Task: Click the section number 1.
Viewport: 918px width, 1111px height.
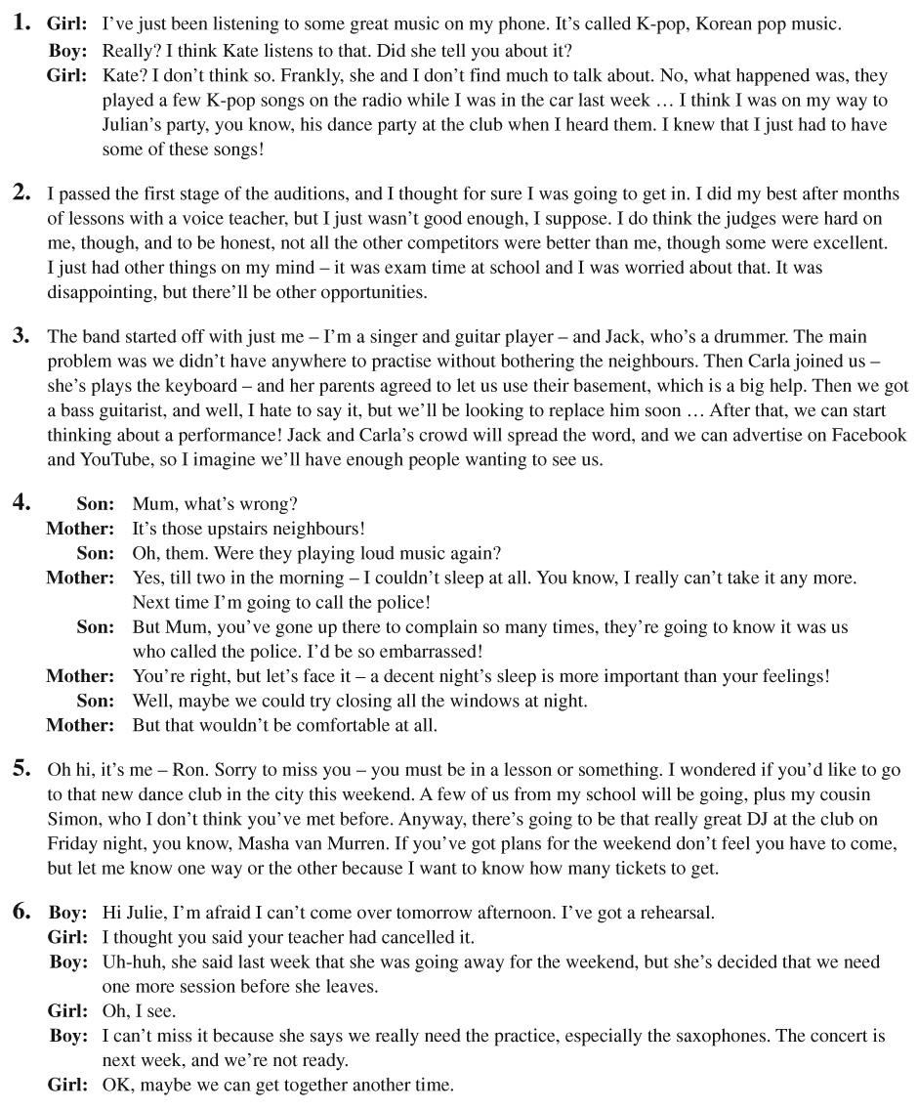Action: (21, 21)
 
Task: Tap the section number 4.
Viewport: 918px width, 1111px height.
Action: (21, 504)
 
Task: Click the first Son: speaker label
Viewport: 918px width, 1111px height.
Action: (96, 505)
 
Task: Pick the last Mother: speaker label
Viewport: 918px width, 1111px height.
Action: (80, 725)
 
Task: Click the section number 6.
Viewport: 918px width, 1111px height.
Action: (21, 913)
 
